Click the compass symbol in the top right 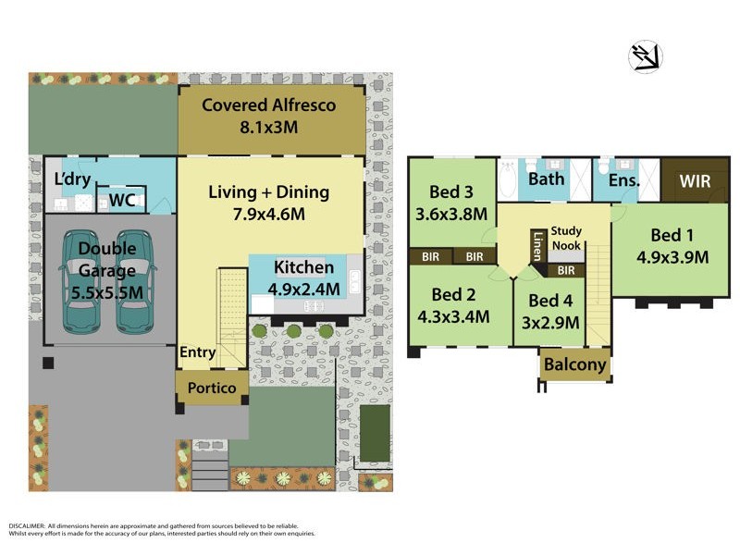(x=646, y=57)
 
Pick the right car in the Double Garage (x=136, y=281)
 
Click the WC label (x=122, y=200)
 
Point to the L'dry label (x=70, y=178)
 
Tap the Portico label (x=212, y=388)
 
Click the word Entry (x=198, y=352)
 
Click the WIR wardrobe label (x=695, y=181)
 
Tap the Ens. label (x=623, y=180)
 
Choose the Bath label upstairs (x=546, y=179)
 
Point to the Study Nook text (x=566, y=238)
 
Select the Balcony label (x=575, y=364)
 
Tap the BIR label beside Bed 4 (x=566, y=271)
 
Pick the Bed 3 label (x=451, y=191)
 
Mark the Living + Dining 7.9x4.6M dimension (x=268, y=214)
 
